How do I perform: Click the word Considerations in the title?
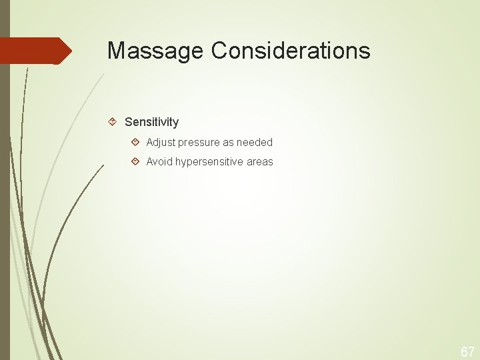pos(291,51)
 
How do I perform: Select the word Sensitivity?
pos(151,122)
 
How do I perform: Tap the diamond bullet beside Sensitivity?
pos(113,122)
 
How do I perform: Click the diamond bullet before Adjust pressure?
pos(135,142)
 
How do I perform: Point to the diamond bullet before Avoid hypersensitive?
pos(135,162)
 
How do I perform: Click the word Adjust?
pos(160,142)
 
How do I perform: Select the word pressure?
pos(201,143)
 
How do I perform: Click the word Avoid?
pos(159,162)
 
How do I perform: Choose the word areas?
pos(260,162)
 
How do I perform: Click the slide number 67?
pos(467,352)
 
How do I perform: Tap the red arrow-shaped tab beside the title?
pos(36,51)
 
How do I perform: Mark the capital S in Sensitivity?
pos(129,122)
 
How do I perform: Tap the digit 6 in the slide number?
pos(464,352)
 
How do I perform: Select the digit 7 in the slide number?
pos(471,352)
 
